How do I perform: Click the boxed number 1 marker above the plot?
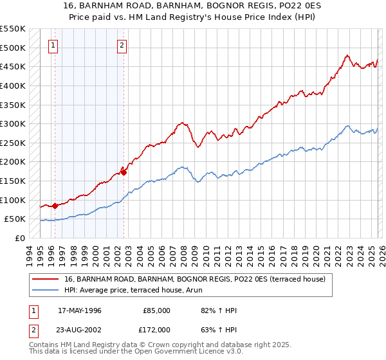click(52, 45)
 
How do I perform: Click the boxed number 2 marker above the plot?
click(122, 45)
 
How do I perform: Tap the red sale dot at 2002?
click(124, 172)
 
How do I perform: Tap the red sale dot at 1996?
click(55, 206)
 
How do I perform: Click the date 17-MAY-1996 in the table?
click(82, 310)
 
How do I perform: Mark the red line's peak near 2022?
click(347, 55)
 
